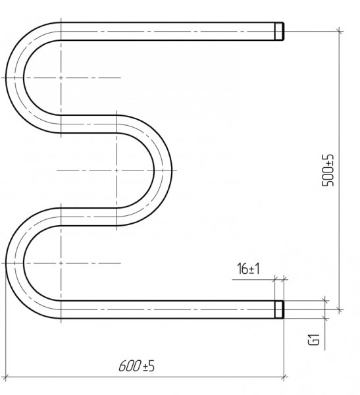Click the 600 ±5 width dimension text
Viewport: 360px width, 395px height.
tap(136, 365)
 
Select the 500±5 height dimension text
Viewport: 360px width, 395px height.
tap(328, 171)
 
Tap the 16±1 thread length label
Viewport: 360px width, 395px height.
tap(248, 269)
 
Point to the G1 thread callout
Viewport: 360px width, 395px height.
tap(314, 339)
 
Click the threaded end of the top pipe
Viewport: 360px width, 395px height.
tap(279, 31)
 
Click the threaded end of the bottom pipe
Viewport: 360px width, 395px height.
tap(279, 309)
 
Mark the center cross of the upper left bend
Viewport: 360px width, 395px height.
tap(61, 78)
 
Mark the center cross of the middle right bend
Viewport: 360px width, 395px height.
tap(116, 171)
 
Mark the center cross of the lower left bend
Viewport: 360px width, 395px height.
tap(61, 263)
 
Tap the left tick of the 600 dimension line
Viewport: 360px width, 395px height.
tap(5, 377)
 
